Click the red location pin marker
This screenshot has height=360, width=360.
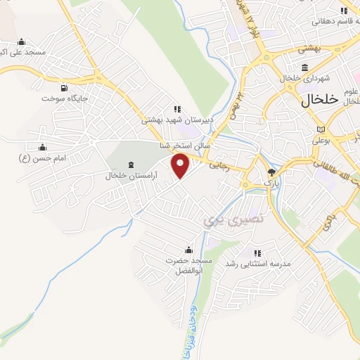181,167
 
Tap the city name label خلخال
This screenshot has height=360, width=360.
320,101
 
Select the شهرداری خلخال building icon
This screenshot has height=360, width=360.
304,68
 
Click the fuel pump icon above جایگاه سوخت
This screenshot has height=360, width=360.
65,89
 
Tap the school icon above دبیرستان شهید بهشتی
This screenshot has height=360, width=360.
177,109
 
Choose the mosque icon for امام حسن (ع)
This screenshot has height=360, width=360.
41,148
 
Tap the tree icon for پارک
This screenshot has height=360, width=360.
273,172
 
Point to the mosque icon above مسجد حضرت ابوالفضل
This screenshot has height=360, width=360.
188,250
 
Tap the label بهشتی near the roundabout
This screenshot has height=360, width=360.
309,49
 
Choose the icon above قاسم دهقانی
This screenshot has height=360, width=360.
343,11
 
